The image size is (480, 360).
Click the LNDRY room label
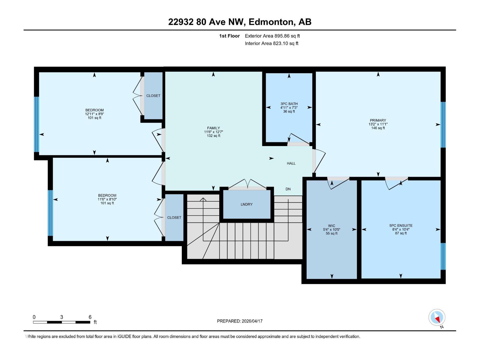[x=247, y=204]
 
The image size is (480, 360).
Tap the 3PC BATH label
[x=289, y=104]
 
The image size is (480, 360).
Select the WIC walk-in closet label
[x=331, y=226]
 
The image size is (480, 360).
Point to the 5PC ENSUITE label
[x=401, y=226]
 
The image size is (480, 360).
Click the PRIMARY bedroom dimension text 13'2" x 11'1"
[x=378, y=124]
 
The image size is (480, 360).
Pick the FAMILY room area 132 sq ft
[x=213, y=136]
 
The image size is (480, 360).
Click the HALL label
[x=291, y=163]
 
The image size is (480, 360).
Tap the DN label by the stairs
[x=288, y=189]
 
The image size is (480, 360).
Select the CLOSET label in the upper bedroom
[x=153, y=96]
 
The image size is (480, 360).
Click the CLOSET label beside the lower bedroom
[x=174, y=217]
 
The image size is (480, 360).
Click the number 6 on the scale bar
[x=90, y=317]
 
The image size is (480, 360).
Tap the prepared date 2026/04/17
[x=252, y=321]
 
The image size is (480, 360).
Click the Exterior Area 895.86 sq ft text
[x=272, y=36]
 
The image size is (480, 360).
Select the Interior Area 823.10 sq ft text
[x=271, y=43]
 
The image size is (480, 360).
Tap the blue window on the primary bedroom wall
[x=443, y=124]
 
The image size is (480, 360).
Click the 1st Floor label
[x=229, y=36]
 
